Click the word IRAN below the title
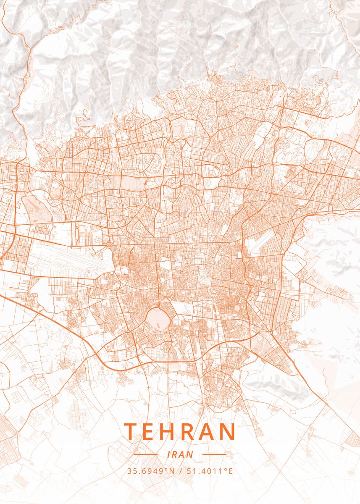pyautogui.click(x=180, y=454)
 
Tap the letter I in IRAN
pyautogui.click(x=168, y=454)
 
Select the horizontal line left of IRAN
pyautogui.click(x=145, y=454)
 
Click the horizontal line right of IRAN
pyautogui.click(x=215, y=454)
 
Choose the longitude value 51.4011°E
pyautogui.click(x=209, y=471)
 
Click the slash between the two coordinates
pyautogui.click(x=180, y=471)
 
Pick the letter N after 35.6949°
pyautogui.click(x=171, y=471)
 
